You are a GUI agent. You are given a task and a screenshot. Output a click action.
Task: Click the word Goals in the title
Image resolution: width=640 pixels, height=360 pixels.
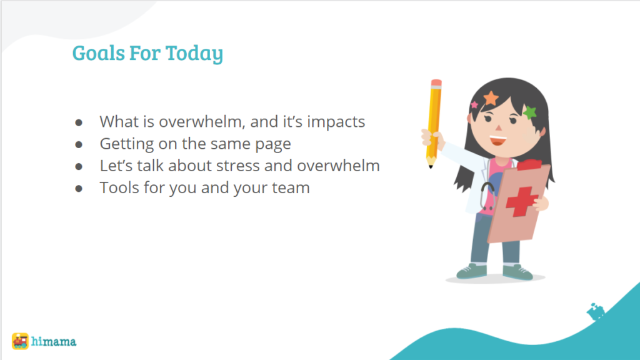pos(98,52)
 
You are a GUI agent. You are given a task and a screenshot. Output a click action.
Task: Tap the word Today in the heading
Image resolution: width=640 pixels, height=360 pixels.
pos(194,54)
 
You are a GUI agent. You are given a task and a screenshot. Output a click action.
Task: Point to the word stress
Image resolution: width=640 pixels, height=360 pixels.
pos(237,166)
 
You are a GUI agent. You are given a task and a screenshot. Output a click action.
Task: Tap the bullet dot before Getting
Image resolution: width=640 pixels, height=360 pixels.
pos(79,144)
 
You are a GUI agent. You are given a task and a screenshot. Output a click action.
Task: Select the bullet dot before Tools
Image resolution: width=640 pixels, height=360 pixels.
pos(79,189)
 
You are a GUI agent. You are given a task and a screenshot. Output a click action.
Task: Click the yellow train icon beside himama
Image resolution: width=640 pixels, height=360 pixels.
pos(20,341)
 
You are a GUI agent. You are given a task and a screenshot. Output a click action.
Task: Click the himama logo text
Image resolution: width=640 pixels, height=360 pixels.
pos(54,341)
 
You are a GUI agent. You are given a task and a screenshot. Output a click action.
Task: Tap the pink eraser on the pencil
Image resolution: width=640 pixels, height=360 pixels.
pos(436,83)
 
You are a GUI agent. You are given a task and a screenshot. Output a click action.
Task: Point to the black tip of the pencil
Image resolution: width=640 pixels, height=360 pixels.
pos(431,166)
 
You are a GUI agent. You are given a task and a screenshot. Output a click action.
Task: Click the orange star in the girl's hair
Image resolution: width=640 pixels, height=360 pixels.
pos(491,98)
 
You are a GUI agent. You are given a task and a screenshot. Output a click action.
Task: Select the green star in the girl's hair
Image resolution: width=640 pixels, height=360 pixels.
pos(530,112)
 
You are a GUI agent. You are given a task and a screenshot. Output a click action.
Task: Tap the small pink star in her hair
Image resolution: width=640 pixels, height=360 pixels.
pos(474,105)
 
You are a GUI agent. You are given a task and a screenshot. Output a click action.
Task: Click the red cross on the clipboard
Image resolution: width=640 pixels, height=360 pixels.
pos(521,201)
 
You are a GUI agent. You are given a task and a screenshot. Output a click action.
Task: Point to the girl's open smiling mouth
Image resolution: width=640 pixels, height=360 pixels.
pos(498,141)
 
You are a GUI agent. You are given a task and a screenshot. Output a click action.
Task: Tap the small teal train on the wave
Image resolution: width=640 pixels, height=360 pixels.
pos(596,312)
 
